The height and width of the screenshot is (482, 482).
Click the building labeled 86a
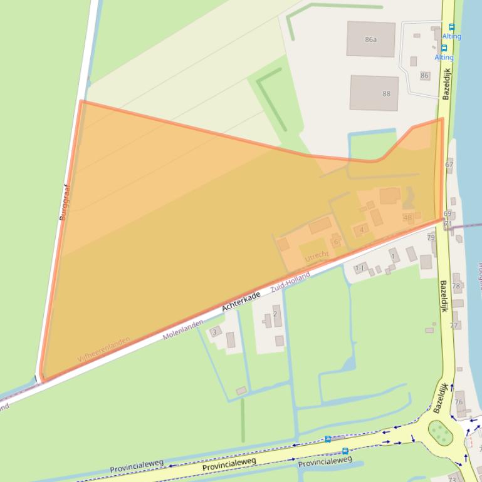(x=371, y=39)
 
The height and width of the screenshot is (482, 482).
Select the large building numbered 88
(x=374, y=93)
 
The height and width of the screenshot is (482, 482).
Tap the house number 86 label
(x=425, y=76)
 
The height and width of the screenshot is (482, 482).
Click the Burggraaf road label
(x=65, y=202)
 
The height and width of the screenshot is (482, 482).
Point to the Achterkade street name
(x=241, y=302)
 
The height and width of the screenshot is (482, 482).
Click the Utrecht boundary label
(x=317, y=255)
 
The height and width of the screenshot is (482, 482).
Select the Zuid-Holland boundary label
(x=290, y=283)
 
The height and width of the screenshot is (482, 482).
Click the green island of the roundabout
(x=440, y=432)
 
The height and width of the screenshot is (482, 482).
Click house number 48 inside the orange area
(x=408, y=218)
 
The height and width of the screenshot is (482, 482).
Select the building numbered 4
(x=361, y=230)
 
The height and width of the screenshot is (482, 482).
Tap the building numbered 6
(x=336, y=242)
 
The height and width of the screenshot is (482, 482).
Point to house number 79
(x=431, y=237)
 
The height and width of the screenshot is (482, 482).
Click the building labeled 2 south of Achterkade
(x=275, y=314)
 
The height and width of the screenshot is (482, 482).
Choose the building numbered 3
(x=215, y=332)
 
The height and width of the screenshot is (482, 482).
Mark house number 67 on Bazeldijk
(x=449, y=165)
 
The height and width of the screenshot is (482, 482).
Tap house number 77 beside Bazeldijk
(x=454, y=326)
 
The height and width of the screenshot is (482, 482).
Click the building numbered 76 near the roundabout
(x=459, y=402)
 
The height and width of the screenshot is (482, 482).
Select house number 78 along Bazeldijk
(x=456, y=286)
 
